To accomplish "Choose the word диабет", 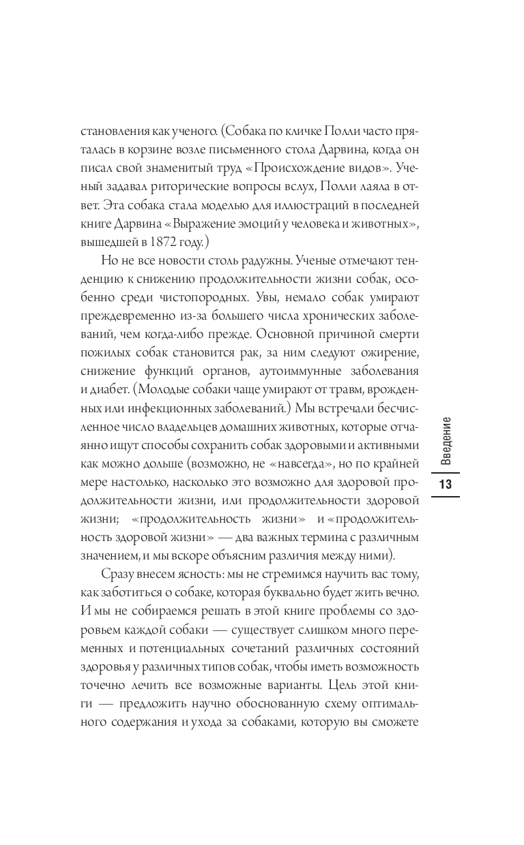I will point(111,389).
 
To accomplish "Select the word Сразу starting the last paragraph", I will point(120,573).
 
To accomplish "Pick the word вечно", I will point(403,591).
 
